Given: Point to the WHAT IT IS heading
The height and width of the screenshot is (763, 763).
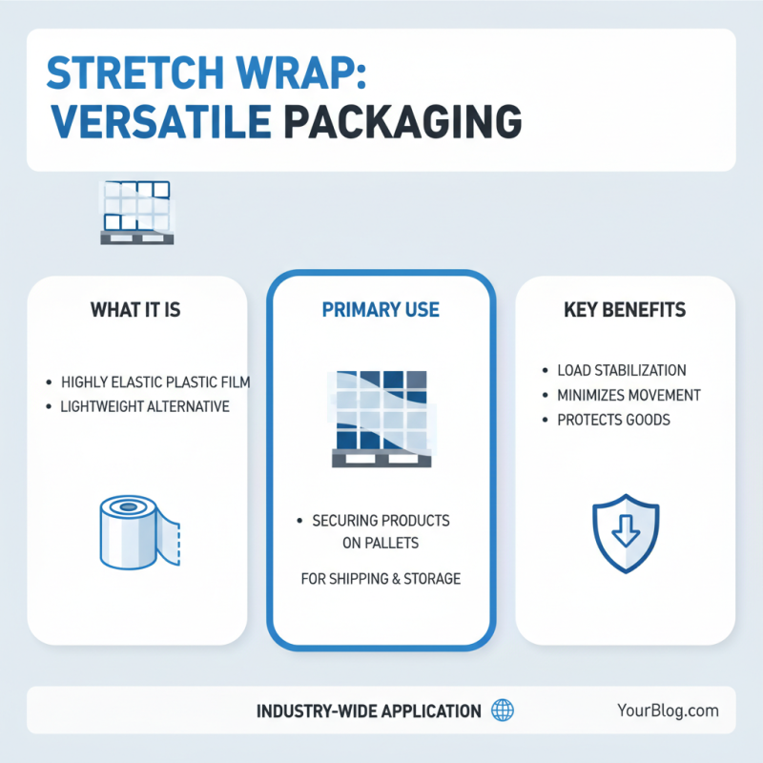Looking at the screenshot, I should (134, 310).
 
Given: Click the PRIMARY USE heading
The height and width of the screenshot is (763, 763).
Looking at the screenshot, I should (381, 310).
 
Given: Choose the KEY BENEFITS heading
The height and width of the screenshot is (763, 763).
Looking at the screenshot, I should (626, 310).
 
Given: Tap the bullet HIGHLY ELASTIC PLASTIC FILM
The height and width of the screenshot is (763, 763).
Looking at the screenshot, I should (155, 382).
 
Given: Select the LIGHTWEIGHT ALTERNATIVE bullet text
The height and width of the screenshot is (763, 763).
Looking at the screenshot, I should (145, 406).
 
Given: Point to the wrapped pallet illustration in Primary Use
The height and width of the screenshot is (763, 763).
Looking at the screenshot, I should (381, 418).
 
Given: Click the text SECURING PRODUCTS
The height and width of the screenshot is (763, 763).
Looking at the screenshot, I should (381, 521).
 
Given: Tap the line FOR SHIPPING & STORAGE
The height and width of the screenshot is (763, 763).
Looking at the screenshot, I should (381, 578).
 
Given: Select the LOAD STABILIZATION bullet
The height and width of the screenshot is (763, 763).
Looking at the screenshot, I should (621, 370).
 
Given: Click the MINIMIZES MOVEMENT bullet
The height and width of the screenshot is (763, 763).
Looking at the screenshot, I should (629, 395).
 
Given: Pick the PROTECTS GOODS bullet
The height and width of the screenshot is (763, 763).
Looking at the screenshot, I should (608, 420).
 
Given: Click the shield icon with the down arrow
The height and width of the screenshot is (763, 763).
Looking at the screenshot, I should (625, 535).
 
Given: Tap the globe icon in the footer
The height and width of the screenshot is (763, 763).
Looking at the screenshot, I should (502, 711).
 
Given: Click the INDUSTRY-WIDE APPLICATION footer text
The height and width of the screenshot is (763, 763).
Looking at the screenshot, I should (368, 711).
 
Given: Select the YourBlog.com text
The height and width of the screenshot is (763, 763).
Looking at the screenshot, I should (668, 711).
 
